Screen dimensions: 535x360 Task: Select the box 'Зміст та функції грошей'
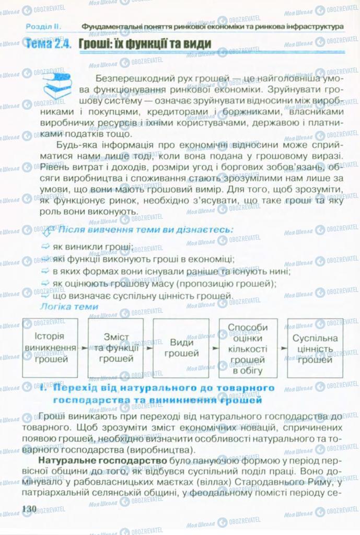tap(115, 348)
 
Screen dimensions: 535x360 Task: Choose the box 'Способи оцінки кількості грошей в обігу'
tap(247, 347)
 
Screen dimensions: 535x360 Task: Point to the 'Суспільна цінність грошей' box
tap(315, 347)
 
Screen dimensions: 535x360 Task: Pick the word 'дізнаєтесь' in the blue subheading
tap(206, 230)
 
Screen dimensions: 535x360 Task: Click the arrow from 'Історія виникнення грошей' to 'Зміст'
tap(82, 347)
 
